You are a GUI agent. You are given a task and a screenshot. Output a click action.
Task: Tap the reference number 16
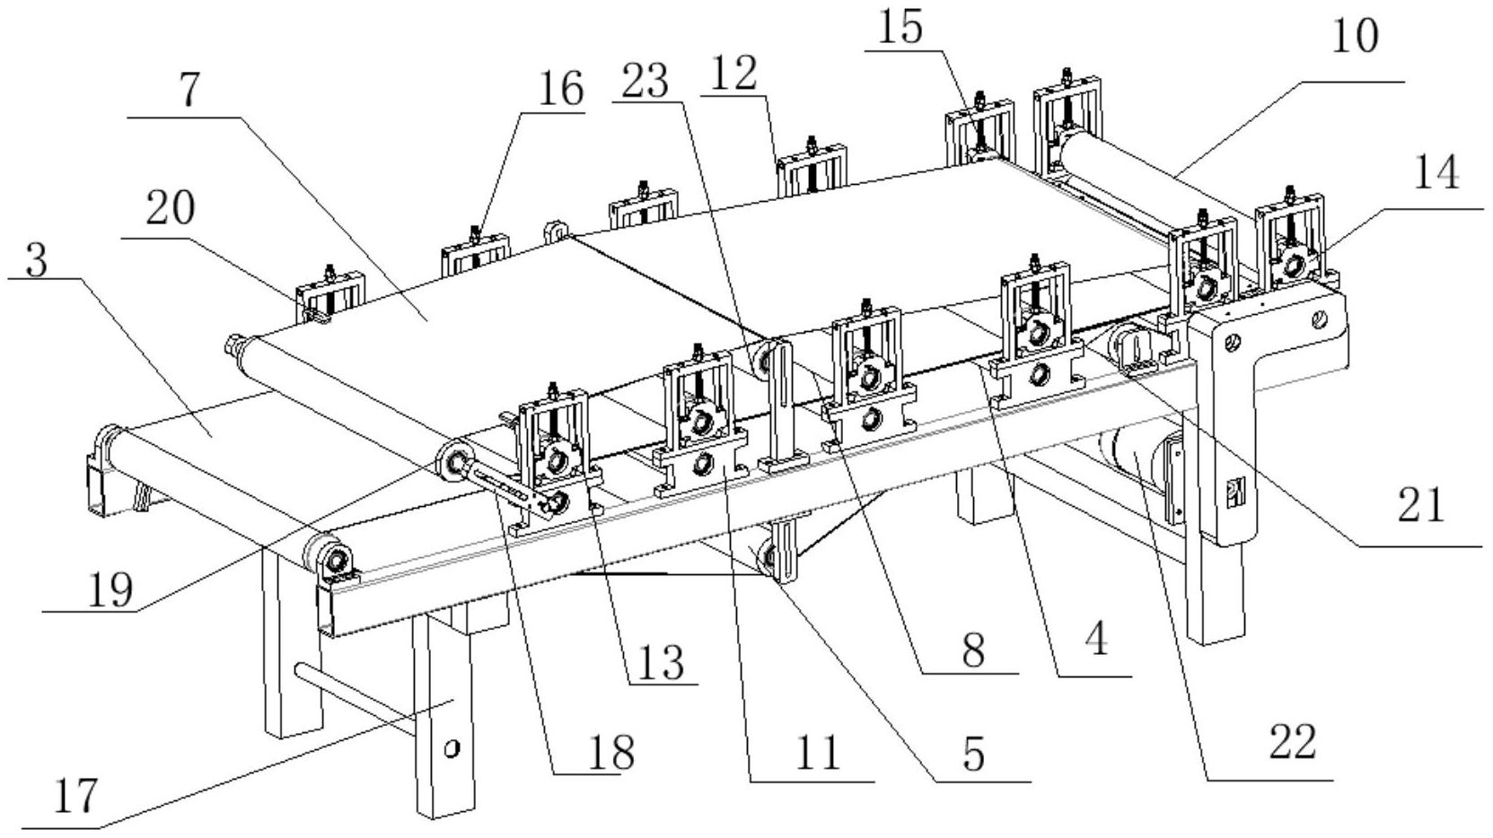(560, 90)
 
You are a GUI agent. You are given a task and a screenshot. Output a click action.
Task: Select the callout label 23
(644, 81)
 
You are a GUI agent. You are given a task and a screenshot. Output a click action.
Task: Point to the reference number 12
(733, 73)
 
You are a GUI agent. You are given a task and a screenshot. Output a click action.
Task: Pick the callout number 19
(110, 590)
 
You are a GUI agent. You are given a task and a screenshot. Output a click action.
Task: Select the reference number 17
(75, 796)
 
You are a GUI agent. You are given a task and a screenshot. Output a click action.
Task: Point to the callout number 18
(611, 752)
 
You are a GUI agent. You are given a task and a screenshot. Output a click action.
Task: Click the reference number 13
(661, 663)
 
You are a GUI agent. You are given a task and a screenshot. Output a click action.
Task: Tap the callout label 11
(820, 755)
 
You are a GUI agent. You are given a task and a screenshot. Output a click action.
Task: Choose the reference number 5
(974, 755)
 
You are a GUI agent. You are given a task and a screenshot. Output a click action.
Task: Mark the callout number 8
(973, 650)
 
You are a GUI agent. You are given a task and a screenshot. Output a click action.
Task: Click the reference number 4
(1096, 640)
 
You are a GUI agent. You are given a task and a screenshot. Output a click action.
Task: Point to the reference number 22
(1293, 743)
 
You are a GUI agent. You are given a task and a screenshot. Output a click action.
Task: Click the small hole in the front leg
(452, 749)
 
